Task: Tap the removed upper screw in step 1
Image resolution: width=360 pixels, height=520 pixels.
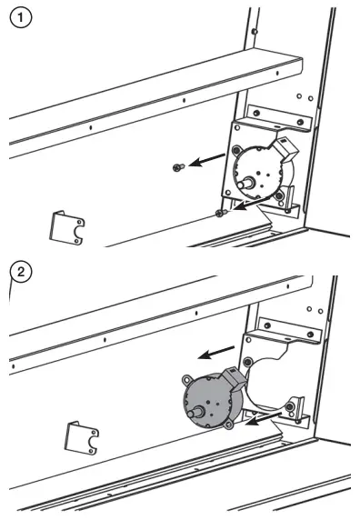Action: tap(178, 166)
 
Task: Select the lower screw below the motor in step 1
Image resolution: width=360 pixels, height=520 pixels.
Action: tap(221, 213)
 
